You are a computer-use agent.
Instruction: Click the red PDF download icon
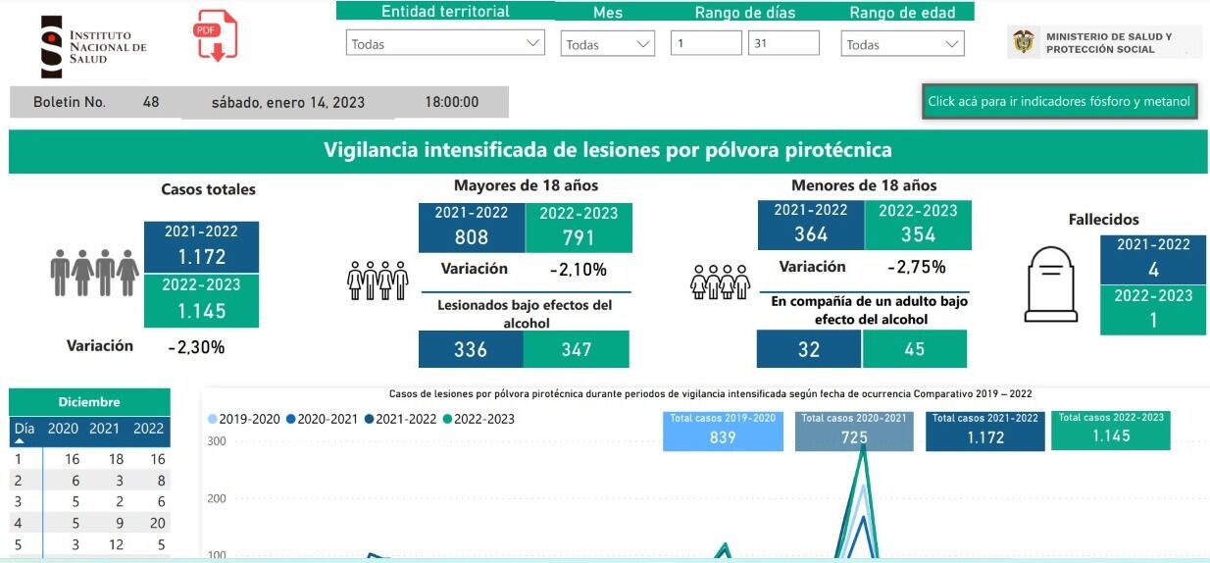216,36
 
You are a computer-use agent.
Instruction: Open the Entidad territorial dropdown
445,44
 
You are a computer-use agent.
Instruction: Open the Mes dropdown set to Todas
607,44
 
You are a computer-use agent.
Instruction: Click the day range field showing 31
782,43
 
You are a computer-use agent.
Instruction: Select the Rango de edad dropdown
902,44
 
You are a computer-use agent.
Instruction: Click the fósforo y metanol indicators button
1059,101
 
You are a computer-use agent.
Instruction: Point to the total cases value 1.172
201,257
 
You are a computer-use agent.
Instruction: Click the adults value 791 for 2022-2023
579,237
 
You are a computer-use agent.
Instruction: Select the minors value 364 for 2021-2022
810,234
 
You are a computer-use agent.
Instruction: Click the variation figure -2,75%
916,267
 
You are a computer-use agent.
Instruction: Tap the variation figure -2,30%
196,346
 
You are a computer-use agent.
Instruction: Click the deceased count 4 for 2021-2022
1153,270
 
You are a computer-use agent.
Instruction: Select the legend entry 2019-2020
244,419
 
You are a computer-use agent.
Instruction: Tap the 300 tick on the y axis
216,441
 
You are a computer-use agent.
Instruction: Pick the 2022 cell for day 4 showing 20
149,524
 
